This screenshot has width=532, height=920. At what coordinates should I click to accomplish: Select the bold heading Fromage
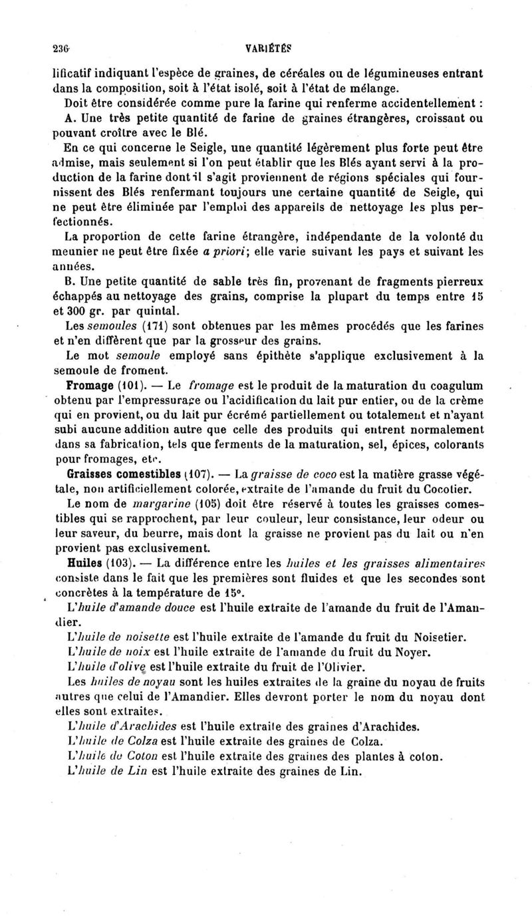click(x=90, y=386)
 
